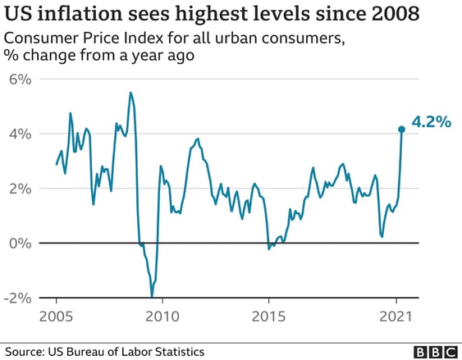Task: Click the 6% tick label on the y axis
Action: pyautogui.click(x=17, y=80)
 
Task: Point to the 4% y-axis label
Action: pyautogui.click(x=17, y=134)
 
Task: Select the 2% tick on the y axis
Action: pyautogui.click(x=17, y=189)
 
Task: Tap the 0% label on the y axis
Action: pyautogui.click(x=17, y=243)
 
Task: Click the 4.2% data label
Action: pyautogui.click(x=431, y=122)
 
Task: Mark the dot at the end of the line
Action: pyautogui.click(x=401, y=129)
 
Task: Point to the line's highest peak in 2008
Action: pyautogui.click(x=130, y=93)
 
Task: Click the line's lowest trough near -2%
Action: pyautogui.click(x=152, y=297)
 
